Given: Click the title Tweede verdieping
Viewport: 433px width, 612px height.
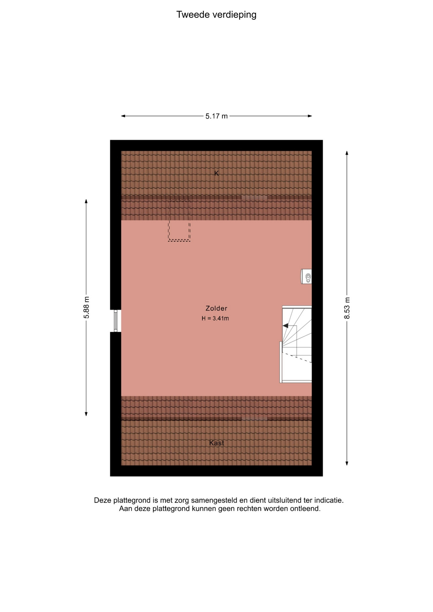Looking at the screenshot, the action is click(216, 15).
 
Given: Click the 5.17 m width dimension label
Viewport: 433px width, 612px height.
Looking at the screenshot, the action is click(216, 116).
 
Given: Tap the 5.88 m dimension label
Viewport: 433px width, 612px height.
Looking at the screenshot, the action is click(86, 307).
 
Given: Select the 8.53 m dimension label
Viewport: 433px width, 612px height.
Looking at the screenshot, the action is click(347, 308).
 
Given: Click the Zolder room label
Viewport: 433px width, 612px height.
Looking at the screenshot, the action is click(216, 308).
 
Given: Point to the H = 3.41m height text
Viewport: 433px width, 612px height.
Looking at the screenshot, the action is click(215, 318).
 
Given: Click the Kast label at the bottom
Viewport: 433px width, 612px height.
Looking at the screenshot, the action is click(216, 443).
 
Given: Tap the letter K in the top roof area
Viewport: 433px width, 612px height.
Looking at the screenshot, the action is click(216, 173).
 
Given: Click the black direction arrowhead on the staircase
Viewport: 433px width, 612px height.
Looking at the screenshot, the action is click(285, 325).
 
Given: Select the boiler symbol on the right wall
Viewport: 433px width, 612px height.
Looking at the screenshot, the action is click(306, 276).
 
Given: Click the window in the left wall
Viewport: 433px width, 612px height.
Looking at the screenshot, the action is click(116, 321).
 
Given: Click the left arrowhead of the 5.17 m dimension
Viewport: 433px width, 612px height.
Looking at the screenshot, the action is click(123, 116).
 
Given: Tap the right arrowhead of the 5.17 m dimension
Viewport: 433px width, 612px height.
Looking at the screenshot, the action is click(310, 116).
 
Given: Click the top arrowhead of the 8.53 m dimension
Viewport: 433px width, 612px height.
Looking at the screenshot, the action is click(347, 153).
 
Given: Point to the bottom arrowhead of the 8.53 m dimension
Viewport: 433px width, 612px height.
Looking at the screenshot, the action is click(347, 463).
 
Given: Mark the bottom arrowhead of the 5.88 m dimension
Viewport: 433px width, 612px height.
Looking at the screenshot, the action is click(86, 414).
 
